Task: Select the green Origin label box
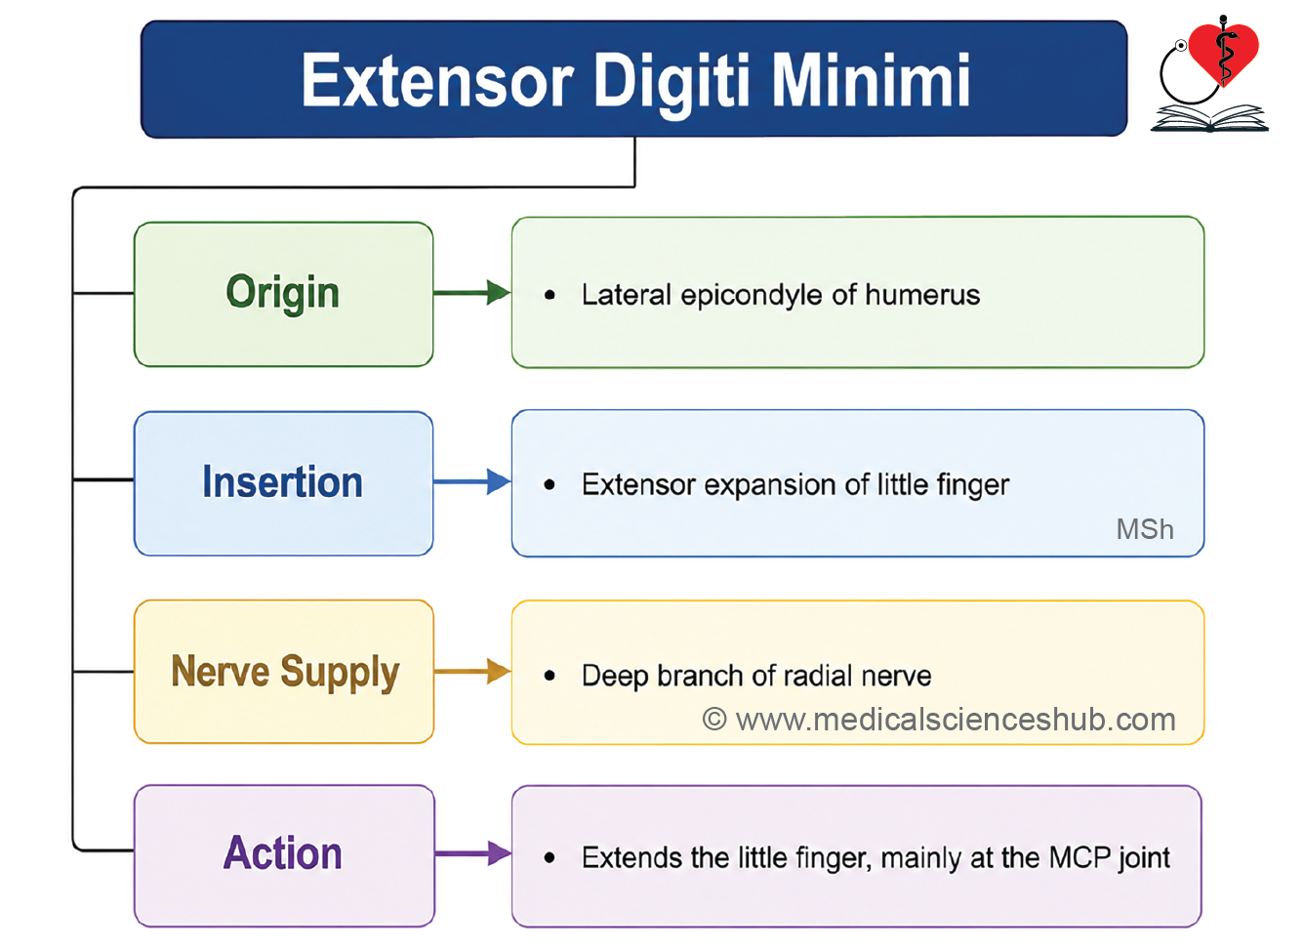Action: click(x=283, y=294)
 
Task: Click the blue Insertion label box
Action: click(x=283, y=483)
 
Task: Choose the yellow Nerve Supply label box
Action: click(x=284, y=672)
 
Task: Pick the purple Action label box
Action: click(x=284, y=855)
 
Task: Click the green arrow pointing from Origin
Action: click(x=472, y=292)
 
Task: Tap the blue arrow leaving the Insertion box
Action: click(x=472, y=481)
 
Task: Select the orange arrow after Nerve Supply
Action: click(x=472, y=672)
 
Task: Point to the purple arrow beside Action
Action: click(x=473, y=853)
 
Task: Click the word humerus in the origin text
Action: click(x=922, y=295)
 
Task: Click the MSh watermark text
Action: click(x=1145, y=529)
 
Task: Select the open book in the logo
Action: click(x=1209, y=118)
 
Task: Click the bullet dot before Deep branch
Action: click(x=550, y=676)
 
